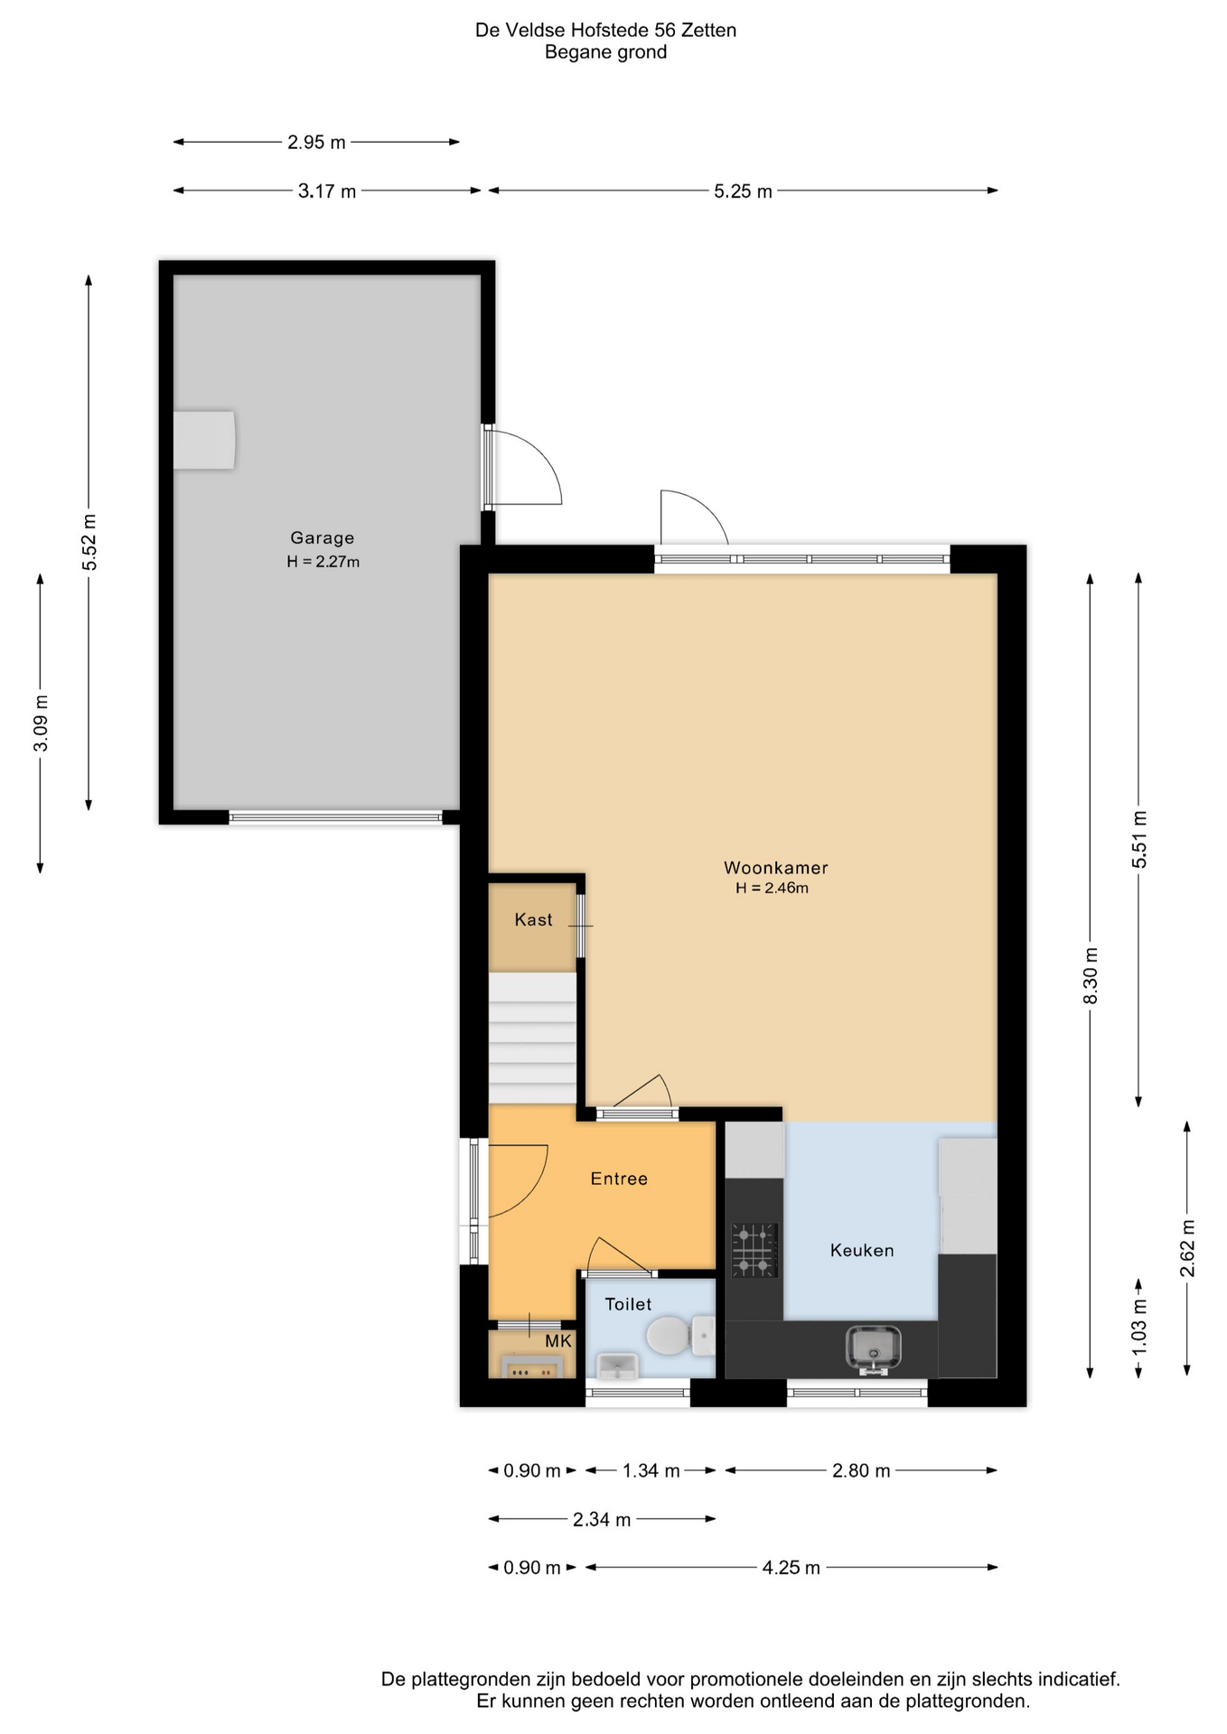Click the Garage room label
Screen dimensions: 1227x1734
pos(322,538)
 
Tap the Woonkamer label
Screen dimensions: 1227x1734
pos(775,868)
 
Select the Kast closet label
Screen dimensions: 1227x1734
pos(533,919)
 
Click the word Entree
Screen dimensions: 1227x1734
pos(619,1179)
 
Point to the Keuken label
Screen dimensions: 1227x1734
pos(862,1251)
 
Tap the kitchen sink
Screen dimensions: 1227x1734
pos(873,1349)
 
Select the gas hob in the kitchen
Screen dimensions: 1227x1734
pos(754,1251)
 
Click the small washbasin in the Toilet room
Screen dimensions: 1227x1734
pos(618,1366)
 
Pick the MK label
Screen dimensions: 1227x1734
pos(558,1341)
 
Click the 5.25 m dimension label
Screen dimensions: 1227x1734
pos(743,191)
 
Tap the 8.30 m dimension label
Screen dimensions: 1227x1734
pos(1091,975)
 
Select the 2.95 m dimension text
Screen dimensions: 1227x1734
pos(316,143)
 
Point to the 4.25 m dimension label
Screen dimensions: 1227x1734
pos(791,1568)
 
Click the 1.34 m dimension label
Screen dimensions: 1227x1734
pos(651,1471)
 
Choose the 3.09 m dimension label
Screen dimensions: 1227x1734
pos(41,723)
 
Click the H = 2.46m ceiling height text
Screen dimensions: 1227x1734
pos(772,889)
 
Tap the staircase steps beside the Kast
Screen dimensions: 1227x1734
pos(532,1039)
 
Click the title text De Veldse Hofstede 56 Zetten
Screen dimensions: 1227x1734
pos(605,31)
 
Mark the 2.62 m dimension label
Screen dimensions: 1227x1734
pos(1187,1248)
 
